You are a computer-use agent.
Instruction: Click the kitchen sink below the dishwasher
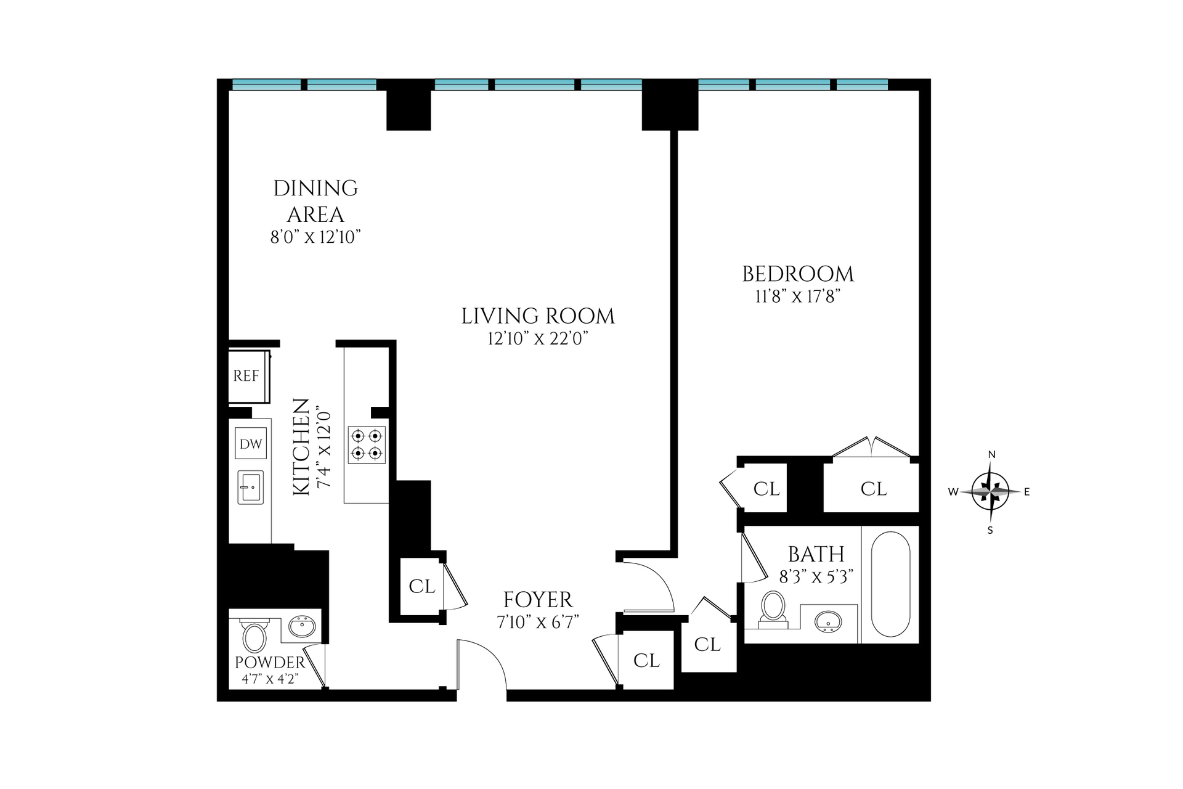(251, 487)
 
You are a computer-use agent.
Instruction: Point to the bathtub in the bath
(890, 584)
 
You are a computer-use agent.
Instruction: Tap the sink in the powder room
(302, 628)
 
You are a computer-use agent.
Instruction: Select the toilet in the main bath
(773, 608)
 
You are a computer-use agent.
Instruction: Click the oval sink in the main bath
(828, 622)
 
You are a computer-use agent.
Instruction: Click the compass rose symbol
(990, 492)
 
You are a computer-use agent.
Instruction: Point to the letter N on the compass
(991, 455)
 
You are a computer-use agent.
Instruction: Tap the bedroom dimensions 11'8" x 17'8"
(798, 297)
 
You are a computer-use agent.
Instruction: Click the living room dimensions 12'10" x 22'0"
(538, 338)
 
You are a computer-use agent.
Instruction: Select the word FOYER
(538, 600)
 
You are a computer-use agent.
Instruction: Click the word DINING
(315, 189)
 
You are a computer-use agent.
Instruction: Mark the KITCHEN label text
(301, 447)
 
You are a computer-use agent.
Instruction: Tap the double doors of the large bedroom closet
(871, 447)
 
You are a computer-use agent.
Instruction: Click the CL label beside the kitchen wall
(421, 586)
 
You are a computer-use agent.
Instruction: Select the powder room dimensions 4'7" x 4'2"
(270, 679)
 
